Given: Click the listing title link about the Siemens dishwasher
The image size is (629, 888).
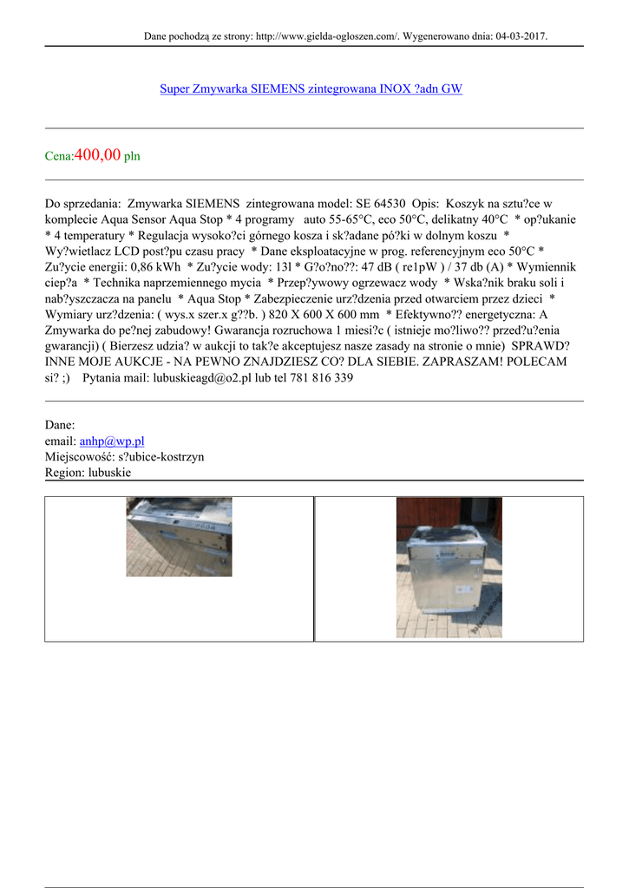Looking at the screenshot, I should tap(311, 89).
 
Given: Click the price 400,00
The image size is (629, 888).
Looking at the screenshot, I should tap(98, 155).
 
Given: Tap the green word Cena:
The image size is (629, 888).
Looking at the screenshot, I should tap(60, 157).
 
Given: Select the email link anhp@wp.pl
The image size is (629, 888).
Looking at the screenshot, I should tap(111, 441).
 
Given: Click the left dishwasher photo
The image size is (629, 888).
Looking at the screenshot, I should tap(179, 537).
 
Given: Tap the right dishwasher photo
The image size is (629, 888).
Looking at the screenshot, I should tap(449, 567).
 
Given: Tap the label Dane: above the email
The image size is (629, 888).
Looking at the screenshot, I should tap(60, 425).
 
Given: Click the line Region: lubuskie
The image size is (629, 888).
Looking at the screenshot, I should tap(85, 472).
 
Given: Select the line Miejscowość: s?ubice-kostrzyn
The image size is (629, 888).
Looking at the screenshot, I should tap(124, 456).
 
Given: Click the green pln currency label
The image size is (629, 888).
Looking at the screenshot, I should tap(132, 157).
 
